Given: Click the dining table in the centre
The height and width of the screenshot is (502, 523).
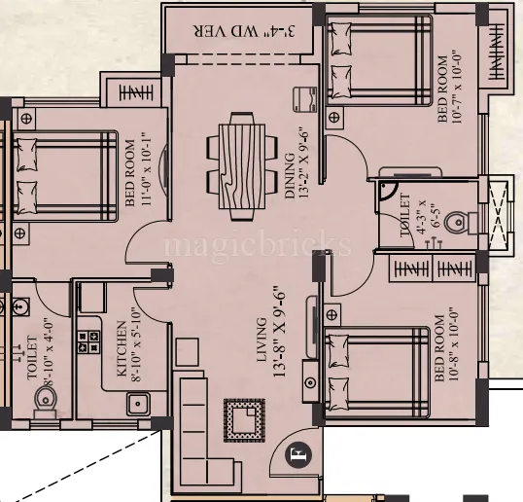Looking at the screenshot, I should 237,161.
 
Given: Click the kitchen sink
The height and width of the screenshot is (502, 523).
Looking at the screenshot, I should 138,400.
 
